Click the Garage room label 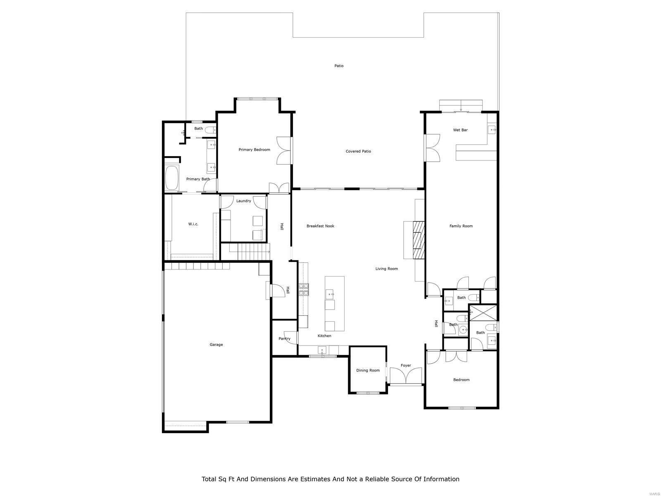216,344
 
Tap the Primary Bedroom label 254,150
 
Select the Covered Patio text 358,151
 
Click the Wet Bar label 460,130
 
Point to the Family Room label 461,226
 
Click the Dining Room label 368,370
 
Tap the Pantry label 284,339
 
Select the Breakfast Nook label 320,226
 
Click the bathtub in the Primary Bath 171,178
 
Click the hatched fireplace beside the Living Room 419,240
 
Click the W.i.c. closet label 193,224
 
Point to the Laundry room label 243,201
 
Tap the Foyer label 406,365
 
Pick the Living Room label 386,269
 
